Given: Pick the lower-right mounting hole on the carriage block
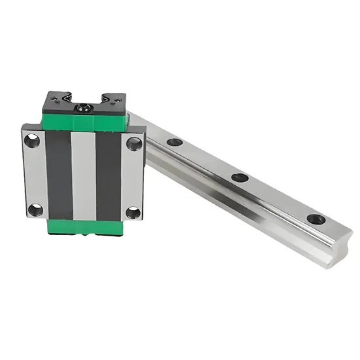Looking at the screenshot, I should tap(134, 213).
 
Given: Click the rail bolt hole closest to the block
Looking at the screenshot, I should tap(174, 142).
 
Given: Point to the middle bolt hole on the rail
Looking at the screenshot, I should tap(240, 177).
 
